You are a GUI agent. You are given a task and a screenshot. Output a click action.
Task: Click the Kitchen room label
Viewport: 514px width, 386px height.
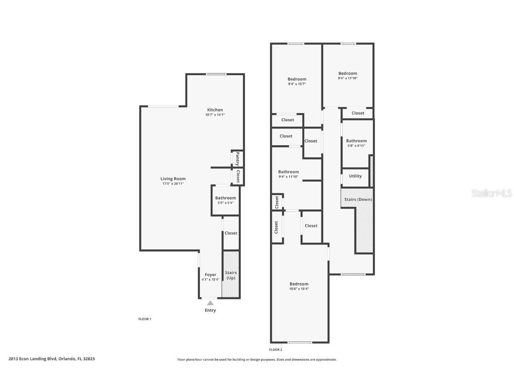click(215, 110)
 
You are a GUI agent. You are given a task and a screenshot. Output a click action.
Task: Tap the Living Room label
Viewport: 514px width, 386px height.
click(173, 179)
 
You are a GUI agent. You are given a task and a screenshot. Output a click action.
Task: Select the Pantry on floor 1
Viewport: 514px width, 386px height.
click(237, 159)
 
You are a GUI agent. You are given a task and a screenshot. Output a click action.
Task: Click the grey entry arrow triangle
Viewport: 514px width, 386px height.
click(210, 303)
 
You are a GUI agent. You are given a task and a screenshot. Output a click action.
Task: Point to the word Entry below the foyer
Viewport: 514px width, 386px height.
click(211, 310)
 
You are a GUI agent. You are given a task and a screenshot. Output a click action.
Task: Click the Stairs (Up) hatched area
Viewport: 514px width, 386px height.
click(231, 274)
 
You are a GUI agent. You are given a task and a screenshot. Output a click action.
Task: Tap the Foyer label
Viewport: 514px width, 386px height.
click(211, 275)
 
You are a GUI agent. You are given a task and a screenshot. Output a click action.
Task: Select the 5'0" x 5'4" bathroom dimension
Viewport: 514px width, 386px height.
click(225, 203)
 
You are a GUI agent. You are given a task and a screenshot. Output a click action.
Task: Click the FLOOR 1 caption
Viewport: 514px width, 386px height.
click(145, 319)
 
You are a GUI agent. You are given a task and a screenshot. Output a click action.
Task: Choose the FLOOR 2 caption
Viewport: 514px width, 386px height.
click(276, 349)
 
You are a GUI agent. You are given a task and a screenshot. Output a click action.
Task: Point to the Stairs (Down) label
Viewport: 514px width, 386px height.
click(358, 199)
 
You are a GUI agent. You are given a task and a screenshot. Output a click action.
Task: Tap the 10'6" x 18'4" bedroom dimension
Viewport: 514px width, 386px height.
click(299, 289)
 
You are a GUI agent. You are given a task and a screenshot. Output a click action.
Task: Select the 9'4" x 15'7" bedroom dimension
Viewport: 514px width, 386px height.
click(297, 84)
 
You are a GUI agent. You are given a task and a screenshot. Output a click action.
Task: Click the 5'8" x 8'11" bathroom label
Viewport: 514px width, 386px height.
click(356, 146)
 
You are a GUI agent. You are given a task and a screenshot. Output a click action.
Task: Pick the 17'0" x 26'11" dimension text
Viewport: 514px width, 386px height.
click(173, 184)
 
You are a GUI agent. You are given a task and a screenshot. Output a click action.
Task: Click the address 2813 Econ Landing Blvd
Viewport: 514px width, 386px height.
click(33, 359)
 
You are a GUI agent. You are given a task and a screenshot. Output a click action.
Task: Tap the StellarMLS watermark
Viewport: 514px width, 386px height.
click(492, 193)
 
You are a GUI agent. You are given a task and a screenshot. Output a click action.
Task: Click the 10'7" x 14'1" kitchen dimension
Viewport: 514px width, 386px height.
click(215, 115)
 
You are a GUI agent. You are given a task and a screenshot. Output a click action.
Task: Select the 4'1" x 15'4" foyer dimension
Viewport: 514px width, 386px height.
click(211, 280)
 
